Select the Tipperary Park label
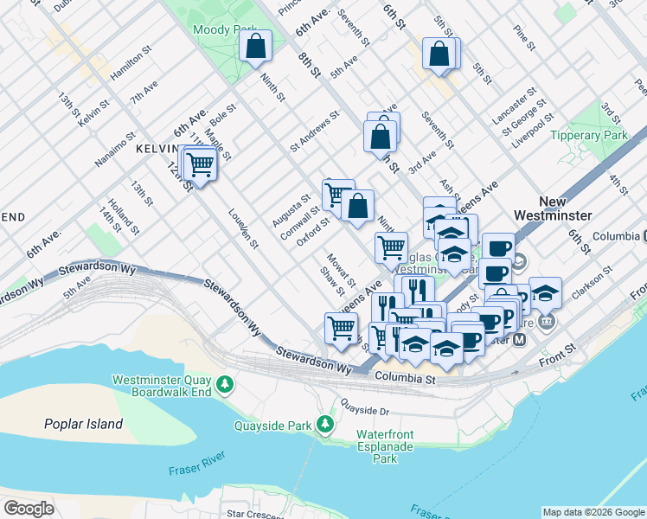click(x=588, y=135)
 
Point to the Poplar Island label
click(x=83, y=424)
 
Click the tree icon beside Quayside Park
click(x=325, y=425)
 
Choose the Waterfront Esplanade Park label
click(x=384, y=446)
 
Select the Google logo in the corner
click(x=29, y=509)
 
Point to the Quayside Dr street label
click(x=366, y=404)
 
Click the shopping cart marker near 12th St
click(x=201, y=163)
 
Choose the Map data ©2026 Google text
click(x=593, y=512)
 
